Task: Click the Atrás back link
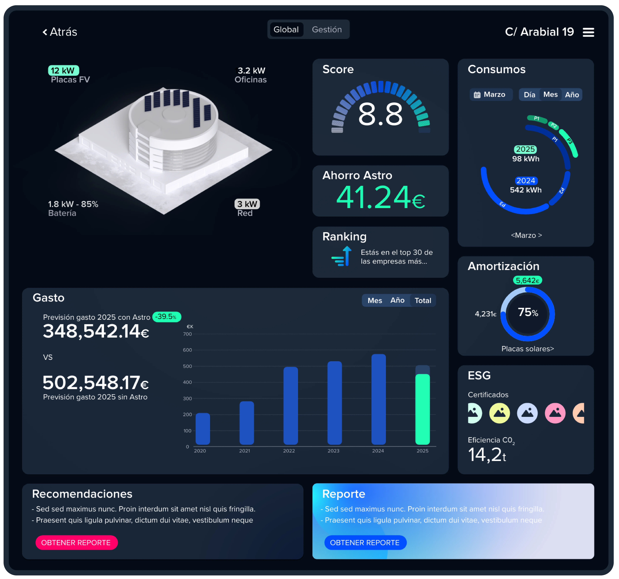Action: pyautogui.click(x=60, y=32)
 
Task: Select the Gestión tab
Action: pyautogui.click(x=327, y=30)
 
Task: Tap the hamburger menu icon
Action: pyautogui.click(x=588, y=32)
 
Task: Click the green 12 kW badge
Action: pyautogui.click(x=63, y=70)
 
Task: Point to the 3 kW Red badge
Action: pyautogui.click(x=247, y=204)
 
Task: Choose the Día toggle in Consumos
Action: pyautogui.click(x=529, y=95)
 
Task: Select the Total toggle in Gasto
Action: pyautogui.click(x=422, y=300)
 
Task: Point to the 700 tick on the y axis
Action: pyautogui.click(x=187, y=334)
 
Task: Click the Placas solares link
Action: pyautogui.click(x=527, y=349)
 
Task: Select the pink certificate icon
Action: pyautogui.click(x=555, y=413)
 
